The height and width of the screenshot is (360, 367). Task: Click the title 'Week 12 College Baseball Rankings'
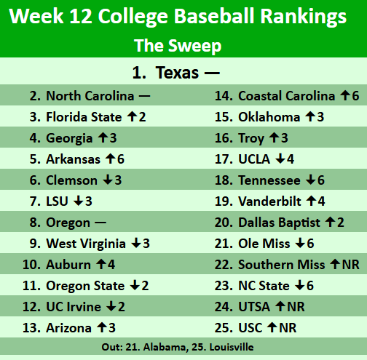click(183, 17)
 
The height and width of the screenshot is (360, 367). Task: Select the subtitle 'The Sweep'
click(178, 46)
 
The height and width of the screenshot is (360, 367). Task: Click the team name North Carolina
click(90, 96)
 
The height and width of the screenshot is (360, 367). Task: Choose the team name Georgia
click(69, 137)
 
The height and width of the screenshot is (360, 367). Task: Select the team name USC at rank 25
click(251, 327)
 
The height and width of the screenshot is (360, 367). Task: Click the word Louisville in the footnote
click(230, 347)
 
